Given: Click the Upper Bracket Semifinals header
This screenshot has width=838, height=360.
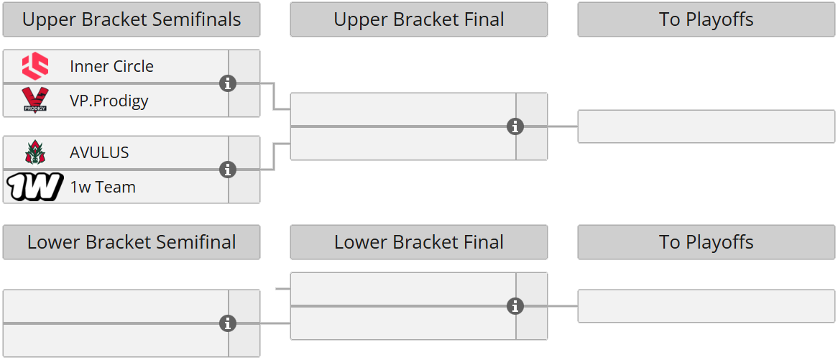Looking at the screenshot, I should point(132,19).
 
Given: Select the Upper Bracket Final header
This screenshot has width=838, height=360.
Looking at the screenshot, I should point(418,19).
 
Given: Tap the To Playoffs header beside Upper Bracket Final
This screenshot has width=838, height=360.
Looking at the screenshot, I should point(706,19).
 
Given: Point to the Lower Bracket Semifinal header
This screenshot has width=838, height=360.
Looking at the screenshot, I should point(132,242).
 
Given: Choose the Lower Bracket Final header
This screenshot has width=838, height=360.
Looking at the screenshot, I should point(418,242).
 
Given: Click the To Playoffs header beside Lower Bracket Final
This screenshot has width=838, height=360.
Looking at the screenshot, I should point(706,242).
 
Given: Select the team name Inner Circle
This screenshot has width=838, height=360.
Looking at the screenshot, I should point(111,66).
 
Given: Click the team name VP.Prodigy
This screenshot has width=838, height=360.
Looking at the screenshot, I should point(109,101).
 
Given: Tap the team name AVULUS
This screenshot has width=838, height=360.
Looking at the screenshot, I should point(99,152).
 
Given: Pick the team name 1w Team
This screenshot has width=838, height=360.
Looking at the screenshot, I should point(102,187).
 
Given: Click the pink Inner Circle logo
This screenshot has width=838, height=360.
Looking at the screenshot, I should point(34,66).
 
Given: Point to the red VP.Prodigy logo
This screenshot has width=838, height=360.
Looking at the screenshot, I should point(34,101).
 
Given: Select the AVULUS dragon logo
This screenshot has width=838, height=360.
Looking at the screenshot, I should point(34,152).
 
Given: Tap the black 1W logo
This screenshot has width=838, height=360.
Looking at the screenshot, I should point(34,187).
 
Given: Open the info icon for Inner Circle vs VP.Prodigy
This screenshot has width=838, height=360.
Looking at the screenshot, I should point(228,83).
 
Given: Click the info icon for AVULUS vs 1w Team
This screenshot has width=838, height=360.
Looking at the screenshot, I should point(228,170).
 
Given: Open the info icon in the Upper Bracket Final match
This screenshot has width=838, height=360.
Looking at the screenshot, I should point(515,126).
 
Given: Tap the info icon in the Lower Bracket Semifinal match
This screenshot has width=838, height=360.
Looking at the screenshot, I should point(228,323).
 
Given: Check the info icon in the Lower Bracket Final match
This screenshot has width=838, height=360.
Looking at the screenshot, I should point(515,306).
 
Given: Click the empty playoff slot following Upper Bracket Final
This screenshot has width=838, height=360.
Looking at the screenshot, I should point(706,126).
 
